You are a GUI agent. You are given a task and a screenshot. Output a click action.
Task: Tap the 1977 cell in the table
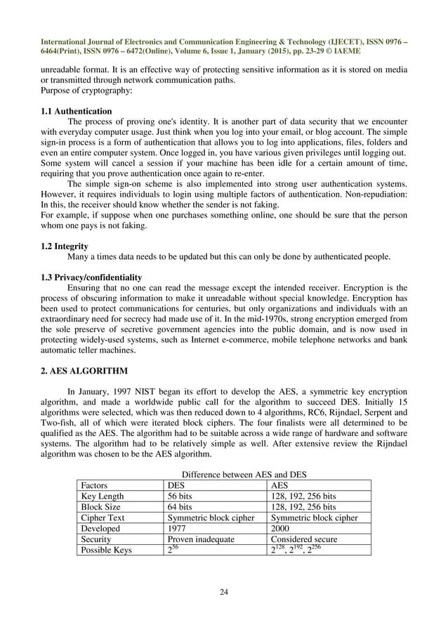tap(178, 528)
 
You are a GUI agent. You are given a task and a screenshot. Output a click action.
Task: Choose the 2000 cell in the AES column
tap(282, 528)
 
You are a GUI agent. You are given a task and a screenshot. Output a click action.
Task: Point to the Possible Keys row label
tap(110, 550)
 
